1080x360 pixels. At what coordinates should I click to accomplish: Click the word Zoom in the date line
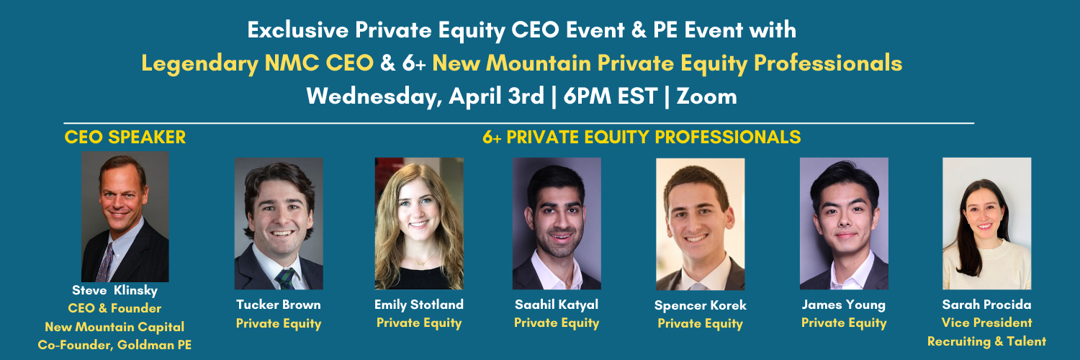(706, 96)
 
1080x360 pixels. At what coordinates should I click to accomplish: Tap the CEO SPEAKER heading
(125, 138)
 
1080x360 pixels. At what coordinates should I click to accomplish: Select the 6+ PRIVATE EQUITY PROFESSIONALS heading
(642, 138)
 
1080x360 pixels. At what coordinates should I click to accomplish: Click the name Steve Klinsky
(114, 290)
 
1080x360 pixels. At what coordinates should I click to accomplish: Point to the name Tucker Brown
(278, 305)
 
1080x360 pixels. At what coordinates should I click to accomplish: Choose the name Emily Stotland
(419, 305)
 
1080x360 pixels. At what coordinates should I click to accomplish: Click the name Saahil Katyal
(557, 305)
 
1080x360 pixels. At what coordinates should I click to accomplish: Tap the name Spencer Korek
(700, 305)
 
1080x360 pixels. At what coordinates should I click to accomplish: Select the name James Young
(844, 305)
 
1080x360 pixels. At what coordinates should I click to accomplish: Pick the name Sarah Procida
(986, 305)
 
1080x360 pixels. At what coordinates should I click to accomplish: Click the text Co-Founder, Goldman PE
(114, 345)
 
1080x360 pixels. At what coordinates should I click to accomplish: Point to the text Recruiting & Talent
(986, 342)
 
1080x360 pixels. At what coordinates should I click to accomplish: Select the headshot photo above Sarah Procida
(987, 224)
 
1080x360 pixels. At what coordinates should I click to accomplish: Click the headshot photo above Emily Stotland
(419, 224)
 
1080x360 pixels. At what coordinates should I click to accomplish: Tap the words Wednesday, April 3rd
(426, 96)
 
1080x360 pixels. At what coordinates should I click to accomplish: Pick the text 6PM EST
(611, 96)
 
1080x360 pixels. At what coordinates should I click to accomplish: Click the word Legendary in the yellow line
(200, 64)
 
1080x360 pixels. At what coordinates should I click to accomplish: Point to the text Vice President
(986, 323)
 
